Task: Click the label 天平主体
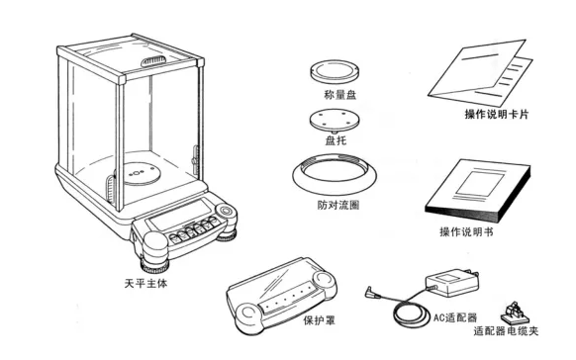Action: coord(145,283)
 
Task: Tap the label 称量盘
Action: coord(339,95)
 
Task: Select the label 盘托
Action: coord(336,140)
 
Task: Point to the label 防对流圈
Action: coord(337,205)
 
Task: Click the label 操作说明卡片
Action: coord(496,114)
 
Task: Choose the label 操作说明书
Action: coord(466,231)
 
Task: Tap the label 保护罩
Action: coord(320,320)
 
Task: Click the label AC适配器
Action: coord(455,317)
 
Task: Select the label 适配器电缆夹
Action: coord(506,331)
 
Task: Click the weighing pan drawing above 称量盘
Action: coord(335,72)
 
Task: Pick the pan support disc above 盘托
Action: coord(334,120)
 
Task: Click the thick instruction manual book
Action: coord(478,190)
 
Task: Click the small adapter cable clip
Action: coord(513,313)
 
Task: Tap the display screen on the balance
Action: coord(180,215)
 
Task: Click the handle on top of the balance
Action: coord(153,60)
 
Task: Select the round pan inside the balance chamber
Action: coord(141,174)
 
